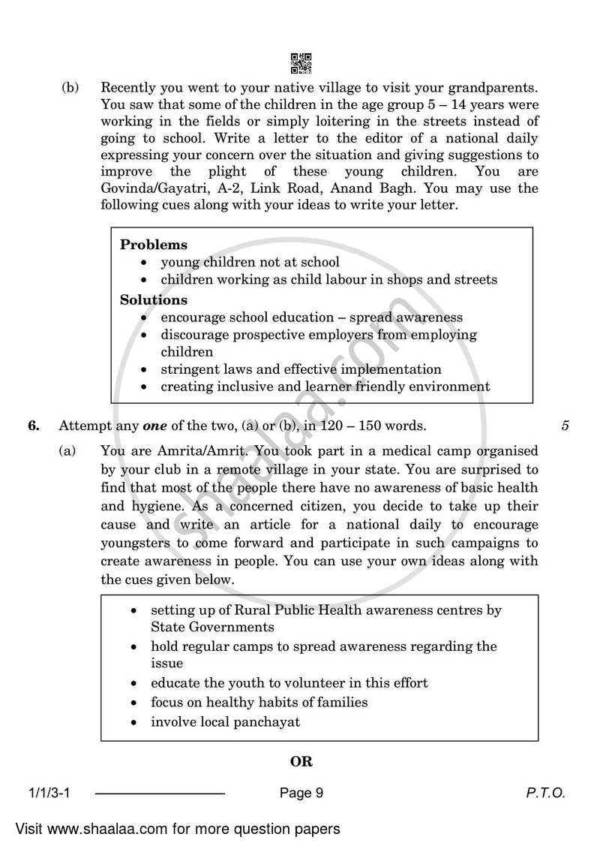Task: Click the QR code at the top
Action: click(x=300, y=63)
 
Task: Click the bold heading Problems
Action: click(x=154, y=245)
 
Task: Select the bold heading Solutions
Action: click(x=154, y=300)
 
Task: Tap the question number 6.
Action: click(x=34, y=426)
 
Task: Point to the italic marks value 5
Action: click(x=565, y=426)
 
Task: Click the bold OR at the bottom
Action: click(x=301, y=761)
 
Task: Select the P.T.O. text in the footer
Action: click(x=545, y=793)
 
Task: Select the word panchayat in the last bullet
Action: click(x=265, y=721)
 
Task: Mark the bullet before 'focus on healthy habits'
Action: click(x=133, y=703)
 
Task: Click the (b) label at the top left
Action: click(x=70, y=87)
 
